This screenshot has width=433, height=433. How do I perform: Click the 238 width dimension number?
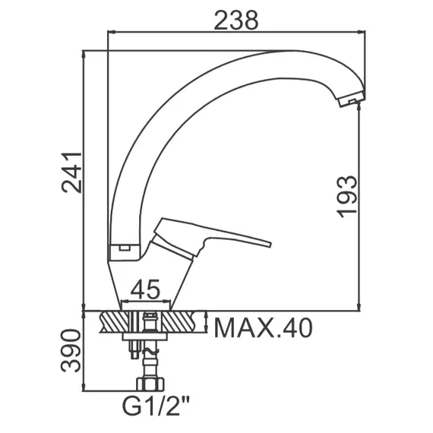point(236,21)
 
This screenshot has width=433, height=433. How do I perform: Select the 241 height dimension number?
point(72,172)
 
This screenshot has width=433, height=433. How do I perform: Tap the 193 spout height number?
point(347,196)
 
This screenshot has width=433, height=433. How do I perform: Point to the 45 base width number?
point(145,289)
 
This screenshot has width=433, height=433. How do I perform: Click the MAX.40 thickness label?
point(263,327)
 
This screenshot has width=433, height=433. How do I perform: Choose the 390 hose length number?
point(71,350)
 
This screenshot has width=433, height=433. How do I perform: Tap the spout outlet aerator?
point(351,100)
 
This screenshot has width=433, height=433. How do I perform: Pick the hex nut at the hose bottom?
point(150,384)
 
